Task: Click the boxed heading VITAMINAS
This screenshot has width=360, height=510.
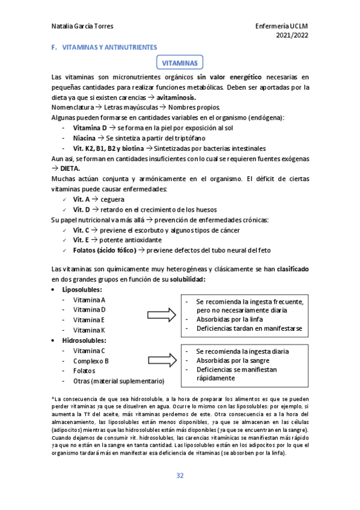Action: (180, 63)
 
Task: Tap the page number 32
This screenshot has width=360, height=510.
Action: (180, 476)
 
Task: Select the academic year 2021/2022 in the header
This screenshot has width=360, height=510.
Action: (291, 36)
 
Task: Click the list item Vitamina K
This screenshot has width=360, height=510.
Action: (89, 330)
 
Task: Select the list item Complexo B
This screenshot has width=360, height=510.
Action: (91, 361)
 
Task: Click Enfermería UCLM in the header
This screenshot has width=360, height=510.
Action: (281, 26)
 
